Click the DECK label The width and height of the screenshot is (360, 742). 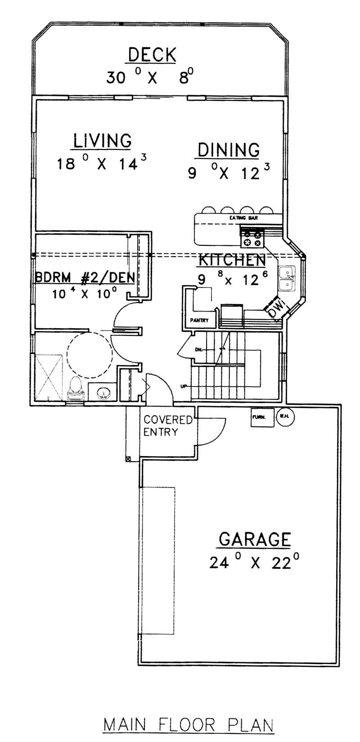point(152,55)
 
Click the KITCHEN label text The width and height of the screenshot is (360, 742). point(231,260)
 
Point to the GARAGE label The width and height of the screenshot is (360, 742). point(254,539)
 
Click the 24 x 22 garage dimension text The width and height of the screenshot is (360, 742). point(254,563)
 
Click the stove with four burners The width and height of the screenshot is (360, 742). point(252,238)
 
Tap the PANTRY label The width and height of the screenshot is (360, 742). point(199,321)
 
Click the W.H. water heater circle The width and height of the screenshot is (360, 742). point(284,416)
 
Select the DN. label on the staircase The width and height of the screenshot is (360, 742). point(198,349)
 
